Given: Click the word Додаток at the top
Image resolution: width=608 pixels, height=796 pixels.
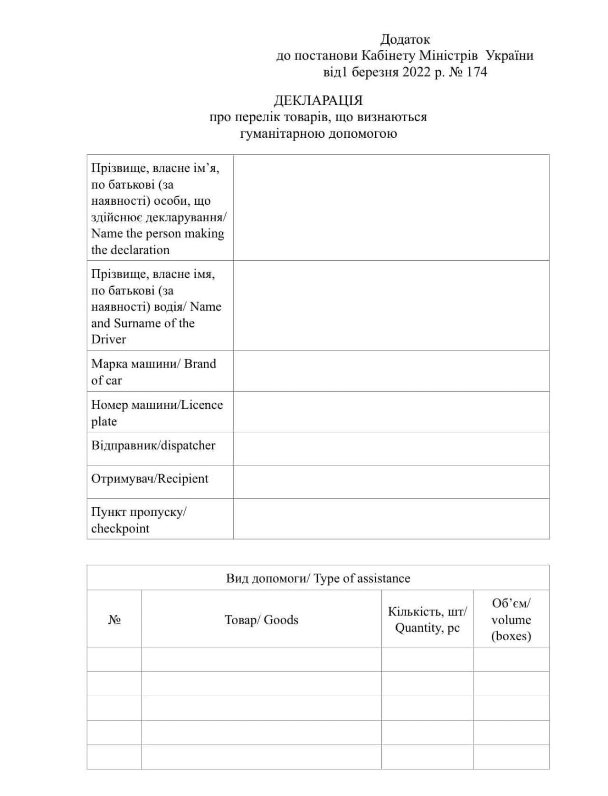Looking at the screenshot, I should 405,39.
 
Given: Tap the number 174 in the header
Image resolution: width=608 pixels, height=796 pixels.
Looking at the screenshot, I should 476,72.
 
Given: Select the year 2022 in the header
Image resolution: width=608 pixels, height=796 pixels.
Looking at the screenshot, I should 417,72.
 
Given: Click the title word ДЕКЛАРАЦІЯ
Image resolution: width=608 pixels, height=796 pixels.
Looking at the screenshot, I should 318,101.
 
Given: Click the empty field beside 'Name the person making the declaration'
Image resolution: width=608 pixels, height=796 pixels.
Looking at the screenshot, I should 391,208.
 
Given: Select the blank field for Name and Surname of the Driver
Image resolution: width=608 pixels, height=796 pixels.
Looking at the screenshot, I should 391,305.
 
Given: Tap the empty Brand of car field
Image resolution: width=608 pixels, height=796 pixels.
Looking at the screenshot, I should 391,371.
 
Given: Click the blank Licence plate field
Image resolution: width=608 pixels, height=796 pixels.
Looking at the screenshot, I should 391,412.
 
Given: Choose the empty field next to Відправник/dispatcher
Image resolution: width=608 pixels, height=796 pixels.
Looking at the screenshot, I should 391,448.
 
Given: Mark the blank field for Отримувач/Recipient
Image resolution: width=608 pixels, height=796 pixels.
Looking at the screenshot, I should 391,482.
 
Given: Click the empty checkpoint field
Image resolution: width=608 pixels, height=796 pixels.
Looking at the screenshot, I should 391,519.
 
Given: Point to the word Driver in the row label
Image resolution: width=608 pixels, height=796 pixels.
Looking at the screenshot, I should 109,340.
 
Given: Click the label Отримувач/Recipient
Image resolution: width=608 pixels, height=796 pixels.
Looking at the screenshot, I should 150,479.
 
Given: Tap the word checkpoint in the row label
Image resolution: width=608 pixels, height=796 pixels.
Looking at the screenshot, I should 120,529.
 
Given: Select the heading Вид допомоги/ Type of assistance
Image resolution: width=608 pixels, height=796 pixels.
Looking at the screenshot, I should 318,578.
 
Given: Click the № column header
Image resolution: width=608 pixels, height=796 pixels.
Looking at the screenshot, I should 114,620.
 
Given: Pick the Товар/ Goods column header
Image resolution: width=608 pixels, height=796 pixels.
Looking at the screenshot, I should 261,620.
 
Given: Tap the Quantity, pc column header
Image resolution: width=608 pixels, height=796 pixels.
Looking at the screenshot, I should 427,628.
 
